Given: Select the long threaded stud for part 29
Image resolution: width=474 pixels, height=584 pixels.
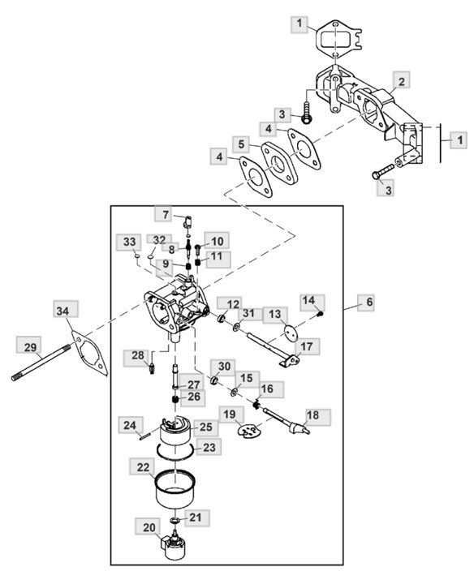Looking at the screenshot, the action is pyautogui.click(x=41, y=363).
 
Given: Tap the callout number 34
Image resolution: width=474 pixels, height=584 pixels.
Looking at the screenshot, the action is pyautogui.click(x=63, y=311).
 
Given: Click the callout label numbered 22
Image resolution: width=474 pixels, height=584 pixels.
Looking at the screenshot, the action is pyautogui.click(x=142, y=467).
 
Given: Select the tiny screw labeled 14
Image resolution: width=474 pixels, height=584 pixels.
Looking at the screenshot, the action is pyautogui.click(x=320, y=314).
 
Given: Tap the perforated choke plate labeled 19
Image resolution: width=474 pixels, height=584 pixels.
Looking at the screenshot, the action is pyautogui.click(x=248, y=432).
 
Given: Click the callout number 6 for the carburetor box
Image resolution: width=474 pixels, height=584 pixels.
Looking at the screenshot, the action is pyautogui.click(x=369, y=302).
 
